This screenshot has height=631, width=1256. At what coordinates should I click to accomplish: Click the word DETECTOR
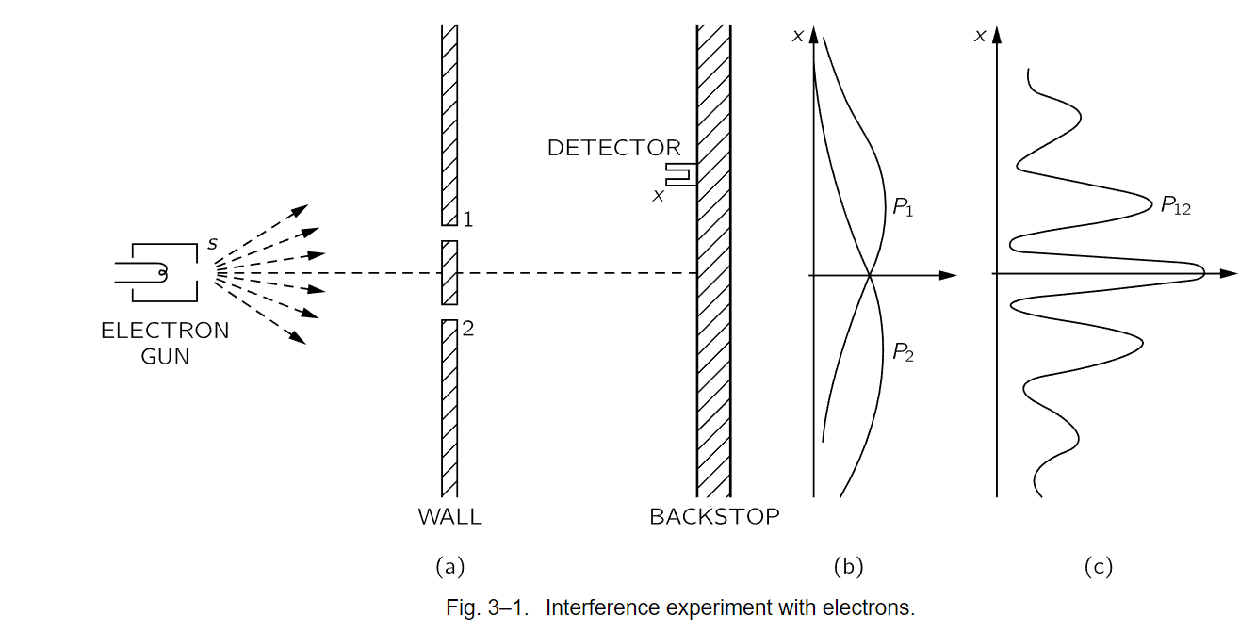(x=614, y=148)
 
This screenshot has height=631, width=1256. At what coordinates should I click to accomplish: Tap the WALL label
(x=449, y=517)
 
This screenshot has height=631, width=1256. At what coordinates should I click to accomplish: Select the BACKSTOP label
(x=714, y=517)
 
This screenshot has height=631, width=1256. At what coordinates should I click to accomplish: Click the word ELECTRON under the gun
(x=165, y=331)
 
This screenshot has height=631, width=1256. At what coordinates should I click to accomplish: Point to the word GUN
(x=165, y=357)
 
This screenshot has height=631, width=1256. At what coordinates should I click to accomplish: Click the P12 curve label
(x=1175, y=205)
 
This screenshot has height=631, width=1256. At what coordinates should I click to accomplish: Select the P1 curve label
(x=903, y=207)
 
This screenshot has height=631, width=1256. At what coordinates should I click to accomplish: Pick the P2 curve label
(x=903, y=352)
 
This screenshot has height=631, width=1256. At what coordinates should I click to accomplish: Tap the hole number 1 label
(x=468, y=219)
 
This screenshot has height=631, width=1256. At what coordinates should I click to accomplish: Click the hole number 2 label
(x=468, y=329)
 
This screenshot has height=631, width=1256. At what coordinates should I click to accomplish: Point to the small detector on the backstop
(x=680, y=174)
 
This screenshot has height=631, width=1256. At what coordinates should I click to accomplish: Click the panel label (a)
(x=450, y=567)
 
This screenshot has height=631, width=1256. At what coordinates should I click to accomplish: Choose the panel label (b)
(x=848, y=567)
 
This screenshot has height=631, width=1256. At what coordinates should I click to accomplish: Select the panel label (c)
(x=1099, y=567)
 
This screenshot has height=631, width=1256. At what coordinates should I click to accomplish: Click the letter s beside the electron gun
(x=213, y=244)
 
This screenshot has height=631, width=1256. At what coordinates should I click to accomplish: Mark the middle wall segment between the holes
(x=449, y=273)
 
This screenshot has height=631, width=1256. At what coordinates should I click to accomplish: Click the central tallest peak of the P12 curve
(x=1203, y=273)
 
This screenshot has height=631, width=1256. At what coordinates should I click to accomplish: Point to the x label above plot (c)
(x=980, y=37)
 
